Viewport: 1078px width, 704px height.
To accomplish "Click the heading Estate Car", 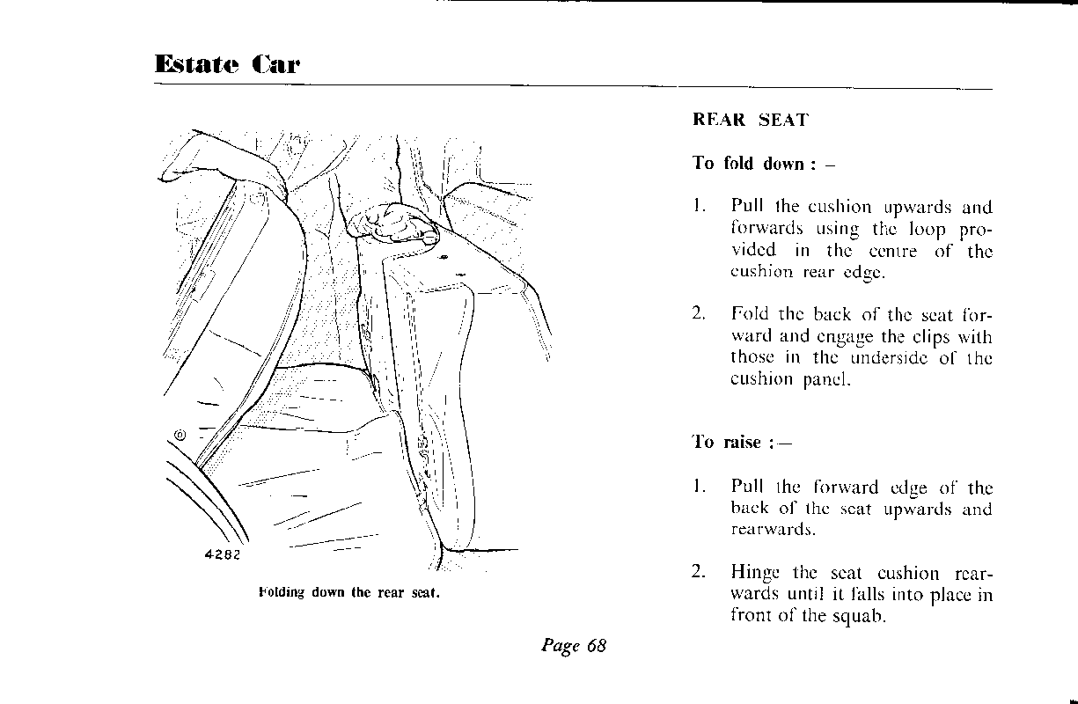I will click(226, 64).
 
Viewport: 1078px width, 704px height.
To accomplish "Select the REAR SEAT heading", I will click(750, 121).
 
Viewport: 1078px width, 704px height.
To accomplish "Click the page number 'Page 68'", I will click(574, 646).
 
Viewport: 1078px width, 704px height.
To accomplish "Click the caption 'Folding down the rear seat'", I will click(349, 592).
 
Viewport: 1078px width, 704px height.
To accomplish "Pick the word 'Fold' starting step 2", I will click(747, 314).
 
